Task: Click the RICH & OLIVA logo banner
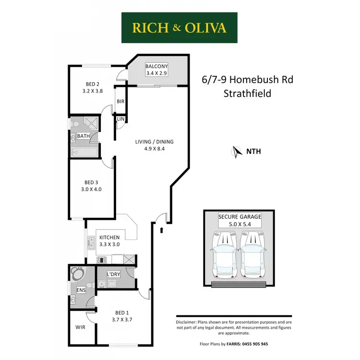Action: (x=180, y=28)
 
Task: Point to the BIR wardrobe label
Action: (x=121, y=102)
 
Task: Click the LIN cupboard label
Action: (x=120, y=119)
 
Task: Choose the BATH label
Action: (x=84, y=136)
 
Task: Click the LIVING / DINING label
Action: (x=154, y=142)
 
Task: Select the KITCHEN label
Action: (x=109, y=237)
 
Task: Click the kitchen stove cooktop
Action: (x=102, y=260)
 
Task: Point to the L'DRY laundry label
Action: (x=113, y=274)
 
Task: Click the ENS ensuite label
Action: (x=81, y=290)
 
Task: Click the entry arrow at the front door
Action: (x=162, y=230)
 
